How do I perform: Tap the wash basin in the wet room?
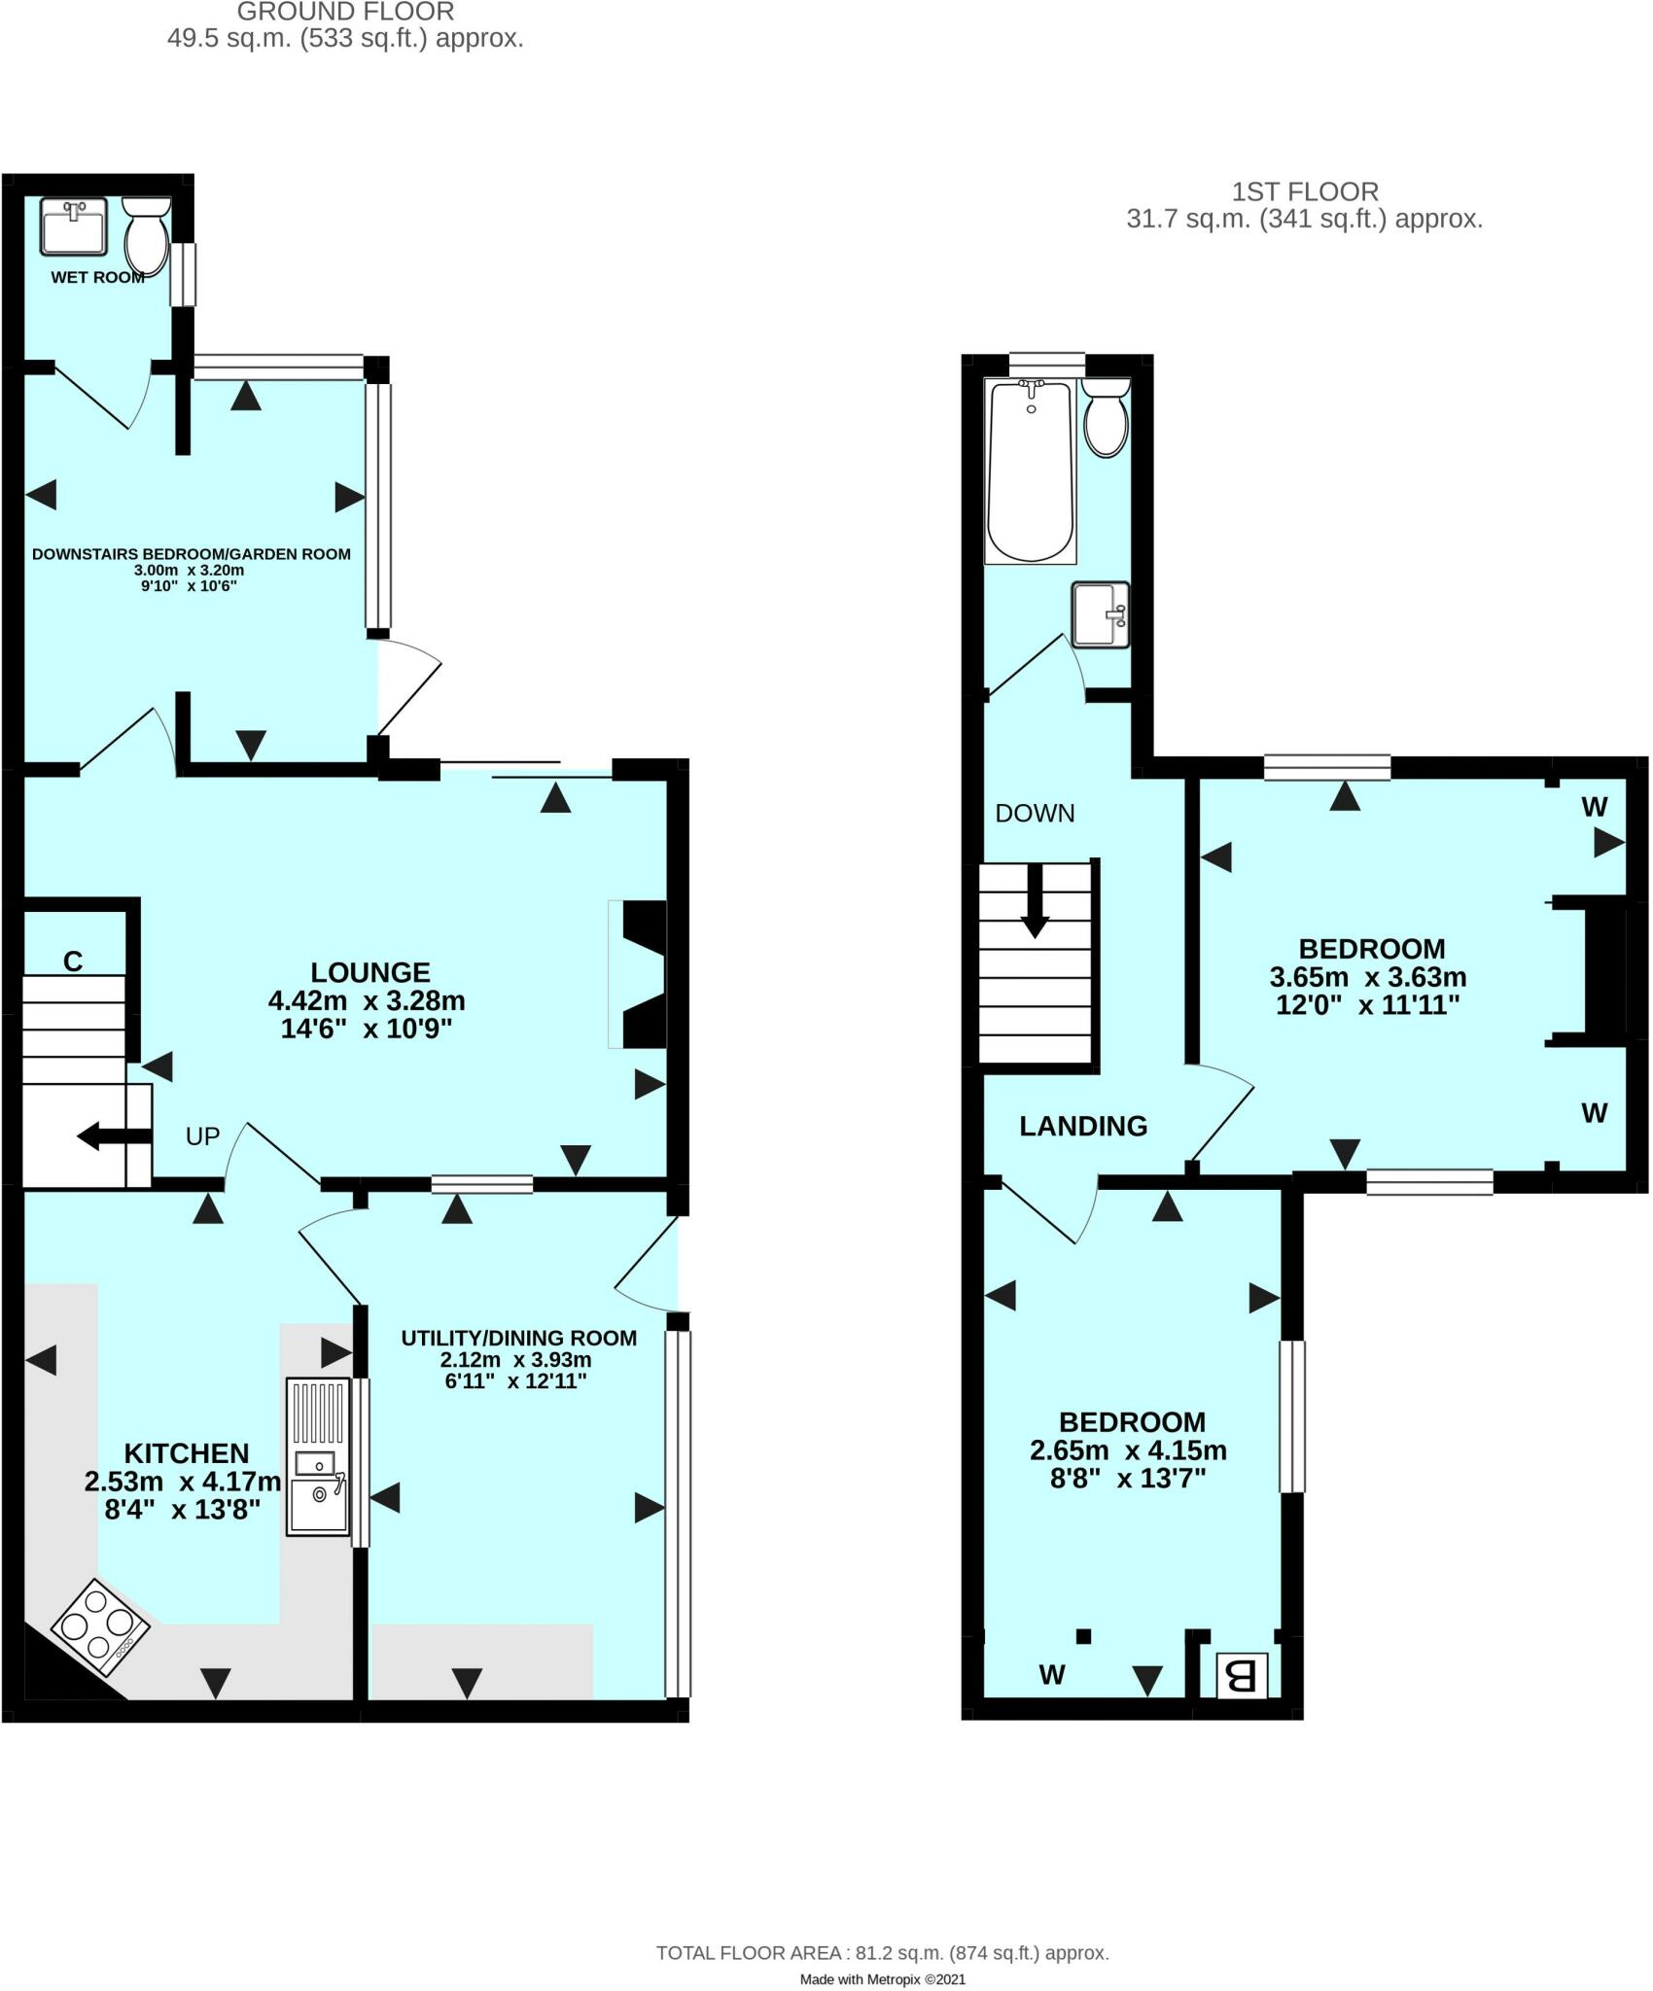[74, 226]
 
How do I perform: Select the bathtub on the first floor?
[1031, 472]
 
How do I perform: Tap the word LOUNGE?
[369, 972]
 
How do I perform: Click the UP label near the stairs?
[202, 1135]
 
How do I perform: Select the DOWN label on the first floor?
[1035, 814]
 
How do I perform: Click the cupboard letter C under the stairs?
[73, 961]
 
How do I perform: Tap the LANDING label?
[1083, 1126]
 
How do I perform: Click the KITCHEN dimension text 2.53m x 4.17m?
[183, 1482]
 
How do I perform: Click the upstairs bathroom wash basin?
[1101, 613]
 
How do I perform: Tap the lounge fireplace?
[639, 974]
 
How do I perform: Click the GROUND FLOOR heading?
[345, 13]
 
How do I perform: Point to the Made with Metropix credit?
[882, 1978]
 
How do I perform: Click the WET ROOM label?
[97, 277]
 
